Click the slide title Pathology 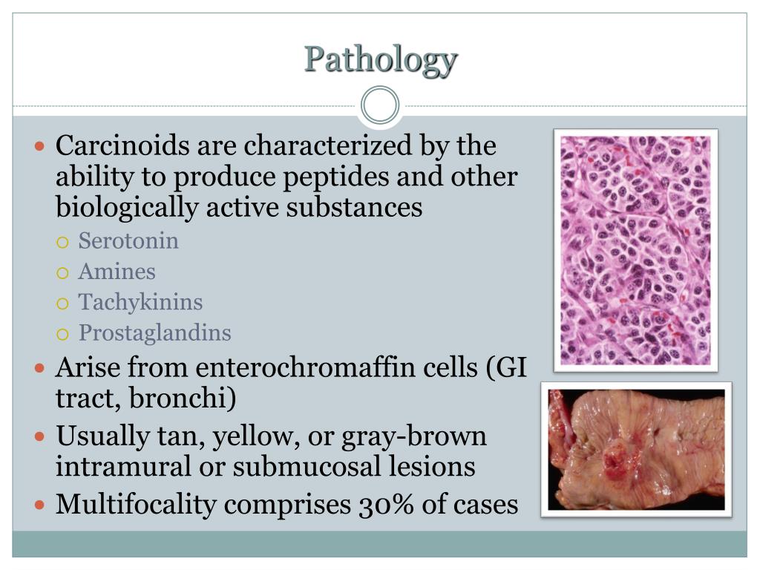click(x=380, y=59)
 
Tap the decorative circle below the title click(x=380, y=105)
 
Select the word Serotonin click(x=128, y=241)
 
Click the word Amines click(x=117, y=272)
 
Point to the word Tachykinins click(x=140, y=302)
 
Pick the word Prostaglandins click(x=155, y=332)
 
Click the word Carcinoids click(x=123, y=145)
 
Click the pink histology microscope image click(x=635, y=250)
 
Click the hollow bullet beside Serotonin click(x=64, y=242)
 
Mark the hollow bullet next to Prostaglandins click(x=64, y=333)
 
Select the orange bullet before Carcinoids click(x=41, y=145)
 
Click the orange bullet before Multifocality click(x=41, y=505)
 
